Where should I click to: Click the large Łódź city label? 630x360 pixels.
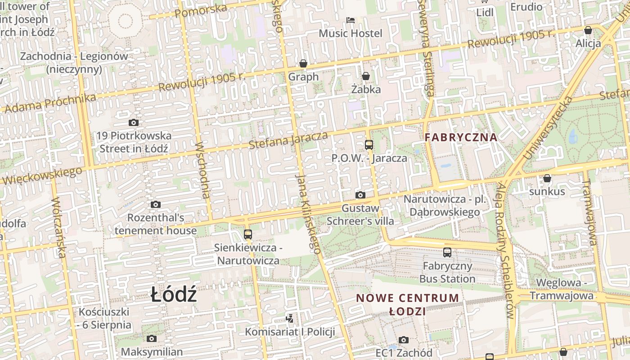pos(174,295)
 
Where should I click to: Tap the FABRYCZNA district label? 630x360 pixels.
pos(461,137)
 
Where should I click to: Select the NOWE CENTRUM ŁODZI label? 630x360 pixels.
pos(408,304)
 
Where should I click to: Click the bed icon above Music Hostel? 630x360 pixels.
pos(351,20)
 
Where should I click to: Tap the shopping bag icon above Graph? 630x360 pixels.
pos(303,63)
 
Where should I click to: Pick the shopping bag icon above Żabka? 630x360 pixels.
pos(366,76)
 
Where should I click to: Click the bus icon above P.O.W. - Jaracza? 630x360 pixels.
pos(369,145)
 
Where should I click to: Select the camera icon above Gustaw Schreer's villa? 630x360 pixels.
pos(360,195)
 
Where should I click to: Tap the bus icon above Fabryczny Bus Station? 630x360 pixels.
pos(447,252)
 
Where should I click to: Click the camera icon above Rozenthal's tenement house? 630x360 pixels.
pos(156,205)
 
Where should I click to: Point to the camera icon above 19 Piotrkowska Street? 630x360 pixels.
pos(133,122)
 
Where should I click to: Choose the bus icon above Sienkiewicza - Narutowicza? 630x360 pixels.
pos(248,234)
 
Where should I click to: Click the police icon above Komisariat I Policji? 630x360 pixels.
pos(290,319)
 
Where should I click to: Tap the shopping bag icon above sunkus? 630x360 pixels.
pos(547,179)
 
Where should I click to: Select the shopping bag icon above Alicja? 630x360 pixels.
pos(588,31)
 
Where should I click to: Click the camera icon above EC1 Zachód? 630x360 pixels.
pos(404,340)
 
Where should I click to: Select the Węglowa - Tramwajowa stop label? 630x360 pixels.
pos(562,289)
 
